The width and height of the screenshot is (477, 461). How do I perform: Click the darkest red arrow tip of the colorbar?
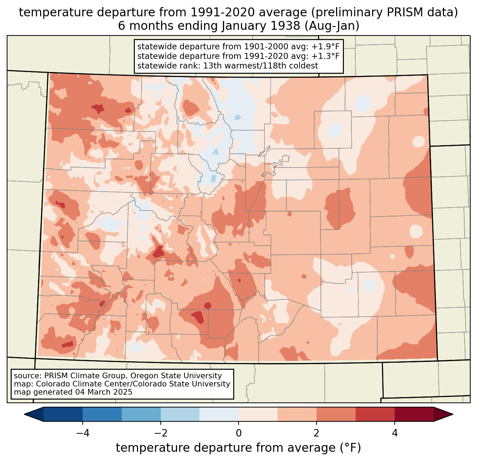click(444, 414)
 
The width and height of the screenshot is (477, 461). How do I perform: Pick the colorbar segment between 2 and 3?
click(336, 414)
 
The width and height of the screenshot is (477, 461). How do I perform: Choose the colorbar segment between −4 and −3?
click(102, 414)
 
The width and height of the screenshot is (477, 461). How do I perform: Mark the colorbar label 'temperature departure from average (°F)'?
click(238, 448)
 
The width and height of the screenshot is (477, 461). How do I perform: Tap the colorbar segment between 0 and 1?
click(258, 414)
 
